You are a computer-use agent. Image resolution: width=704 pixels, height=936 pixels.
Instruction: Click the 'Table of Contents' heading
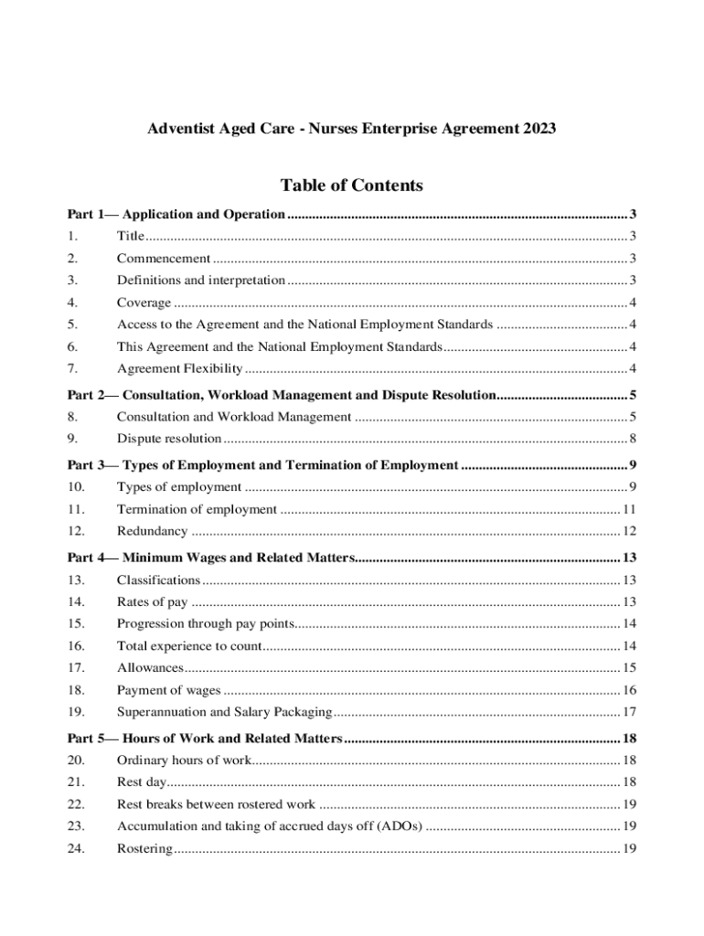click(351, 186)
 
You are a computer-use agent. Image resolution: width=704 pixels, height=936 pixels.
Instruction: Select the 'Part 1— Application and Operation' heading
click(176, 215)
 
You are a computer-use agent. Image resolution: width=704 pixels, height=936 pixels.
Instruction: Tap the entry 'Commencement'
click(163, 259)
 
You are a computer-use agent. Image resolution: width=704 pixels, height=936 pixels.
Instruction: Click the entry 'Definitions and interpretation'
click(200, 281)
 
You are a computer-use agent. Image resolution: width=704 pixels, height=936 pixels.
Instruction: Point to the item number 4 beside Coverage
click(72, 303)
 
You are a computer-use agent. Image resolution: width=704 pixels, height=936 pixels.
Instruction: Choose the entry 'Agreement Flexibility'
click(179, 369)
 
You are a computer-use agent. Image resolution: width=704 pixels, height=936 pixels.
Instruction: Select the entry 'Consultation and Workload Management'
click(233, 418)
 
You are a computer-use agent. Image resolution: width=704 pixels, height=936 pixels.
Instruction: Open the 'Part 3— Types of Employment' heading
click(262, 465)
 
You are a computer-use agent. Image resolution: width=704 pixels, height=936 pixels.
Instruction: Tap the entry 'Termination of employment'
click(197, 509)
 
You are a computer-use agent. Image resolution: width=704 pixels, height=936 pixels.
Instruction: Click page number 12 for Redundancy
click(629, 531)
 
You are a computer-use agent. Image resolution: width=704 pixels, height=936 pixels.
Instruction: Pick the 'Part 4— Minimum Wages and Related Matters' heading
click(209, 558)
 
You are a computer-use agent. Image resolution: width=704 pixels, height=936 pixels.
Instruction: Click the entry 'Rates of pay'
click(152, 601)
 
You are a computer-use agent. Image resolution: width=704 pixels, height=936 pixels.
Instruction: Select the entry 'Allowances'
click(150, 668)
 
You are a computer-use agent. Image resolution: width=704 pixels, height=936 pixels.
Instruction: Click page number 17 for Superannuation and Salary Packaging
click(629, 712)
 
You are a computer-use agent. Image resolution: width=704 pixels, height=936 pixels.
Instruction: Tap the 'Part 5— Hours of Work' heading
click(205, 739)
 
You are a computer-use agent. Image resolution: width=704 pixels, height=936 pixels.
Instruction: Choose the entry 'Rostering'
click(144, 849)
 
